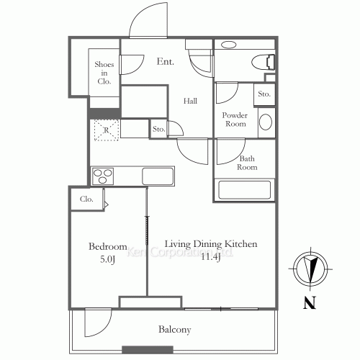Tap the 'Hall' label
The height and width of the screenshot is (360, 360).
coord(189,102)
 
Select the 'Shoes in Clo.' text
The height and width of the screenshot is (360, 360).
coord(104,73)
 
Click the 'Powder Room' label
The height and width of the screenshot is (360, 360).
coord(234,120)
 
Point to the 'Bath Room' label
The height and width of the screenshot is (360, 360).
coord(248,162)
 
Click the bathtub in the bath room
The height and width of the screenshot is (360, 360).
coord(243,189)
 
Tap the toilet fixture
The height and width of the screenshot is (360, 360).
coord(259,60)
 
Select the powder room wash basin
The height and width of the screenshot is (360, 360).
coord(265,122)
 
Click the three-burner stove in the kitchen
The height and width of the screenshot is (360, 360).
coord(104,176)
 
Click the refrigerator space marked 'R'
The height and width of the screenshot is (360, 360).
coord(106,130)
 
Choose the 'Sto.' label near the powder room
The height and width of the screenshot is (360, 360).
coord(264,94)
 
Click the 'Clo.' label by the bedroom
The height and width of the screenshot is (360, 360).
coord(86,199)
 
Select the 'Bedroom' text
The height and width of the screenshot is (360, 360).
coord(108,246)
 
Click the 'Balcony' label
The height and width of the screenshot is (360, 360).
coord(174,330)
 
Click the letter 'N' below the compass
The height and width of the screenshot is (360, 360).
coord(310,302)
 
